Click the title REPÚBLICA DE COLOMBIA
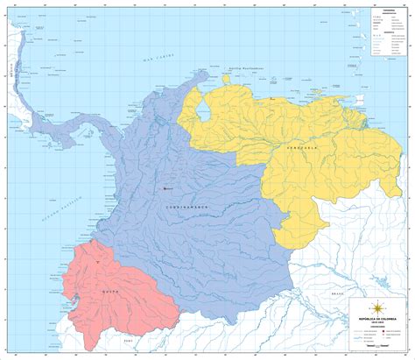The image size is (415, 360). (377, 319)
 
